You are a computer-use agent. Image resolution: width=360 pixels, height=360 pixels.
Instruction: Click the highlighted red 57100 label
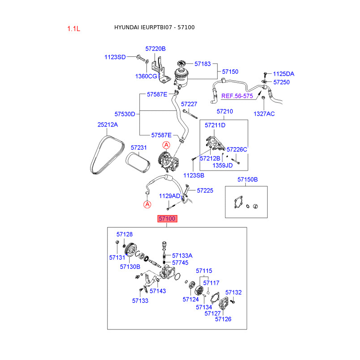pyautogui.click(x=167, y=219)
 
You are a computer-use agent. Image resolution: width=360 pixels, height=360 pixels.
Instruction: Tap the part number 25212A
pyautogui.click(x=108, y=125)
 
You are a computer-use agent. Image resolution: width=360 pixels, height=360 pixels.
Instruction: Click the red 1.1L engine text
pyautogui.click(x=73, y=28)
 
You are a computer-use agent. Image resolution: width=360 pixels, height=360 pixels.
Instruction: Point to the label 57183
pyautogui.click(x=201, y=64)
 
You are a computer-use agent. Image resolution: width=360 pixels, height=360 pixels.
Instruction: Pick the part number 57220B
pyautogui.click(x=155, y=49)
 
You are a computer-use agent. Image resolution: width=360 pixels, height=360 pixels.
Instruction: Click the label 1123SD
pyautogui.click(x=115, y=57)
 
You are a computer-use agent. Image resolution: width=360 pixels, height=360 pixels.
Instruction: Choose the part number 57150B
pyautogui.click(x=247, y=180)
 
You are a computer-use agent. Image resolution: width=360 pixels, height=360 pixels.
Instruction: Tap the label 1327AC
pyautogui.click(x=264, y=114)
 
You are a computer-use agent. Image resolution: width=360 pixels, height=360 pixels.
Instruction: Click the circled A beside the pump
pyautogui.click(x=166, y=145)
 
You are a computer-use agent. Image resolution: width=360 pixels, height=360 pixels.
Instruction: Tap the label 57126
pyautogui.click(x=223, y=319)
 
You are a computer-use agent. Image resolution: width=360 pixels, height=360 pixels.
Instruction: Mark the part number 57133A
pyautogui.click(x=182, y=256)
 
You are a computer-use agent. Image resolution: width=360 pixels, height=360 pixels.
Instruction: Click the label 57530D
pyautogui.click(x=125, y=114)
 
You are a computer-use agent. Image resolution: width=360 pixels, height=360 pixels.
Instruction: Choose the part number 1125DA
pyautogui.click(x=283, y=74)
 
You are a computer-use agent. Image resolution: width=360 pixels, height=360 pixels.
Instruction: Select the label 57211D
pyautogui.click(x=215, y=125)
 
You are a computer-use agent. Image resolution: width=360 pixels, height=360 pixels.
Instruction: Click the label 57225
pyautogui.click(x=205, y=191)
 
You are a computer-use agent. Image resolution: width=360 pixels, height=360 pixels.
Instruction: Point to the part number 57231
pyautogui.click(x=139, y=147)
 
